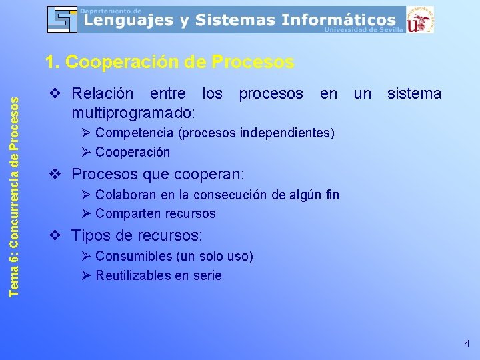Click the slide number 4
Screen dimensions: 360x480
coord(467,344)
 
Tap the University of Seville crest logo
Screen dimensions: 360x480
coord(420,20)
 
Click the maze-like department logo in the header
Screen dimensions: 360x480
coord(62,19)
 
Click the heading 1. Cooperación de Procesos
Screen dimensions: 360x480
coord(169,62)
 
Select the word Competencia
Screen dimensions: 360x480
coord(135,133)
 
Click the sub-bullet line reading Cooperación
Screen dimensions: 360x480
coord(132,152)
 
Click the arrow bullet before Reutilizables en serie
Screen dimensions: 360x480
coord(87,275)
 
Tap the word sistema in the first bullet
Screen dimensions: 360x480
coord(415,93)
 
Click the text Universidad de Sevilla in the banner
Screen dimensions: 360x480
coord(364,30)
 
